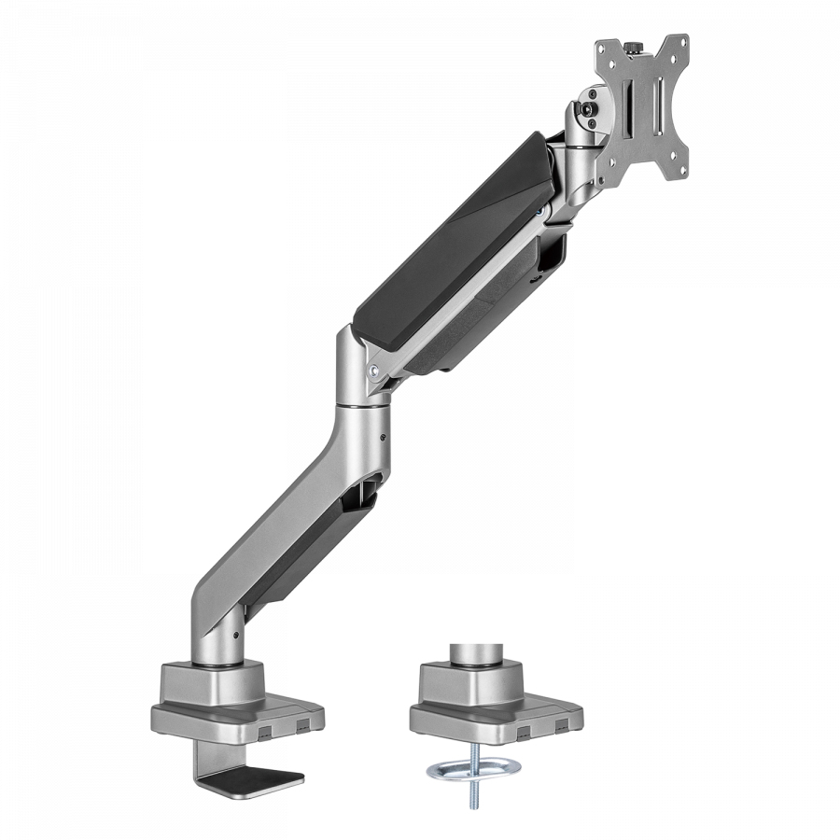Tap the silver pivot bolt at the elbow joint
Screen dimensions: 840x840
[376, 370]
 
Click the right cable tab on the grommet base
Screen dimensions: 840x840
[560, 725]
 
